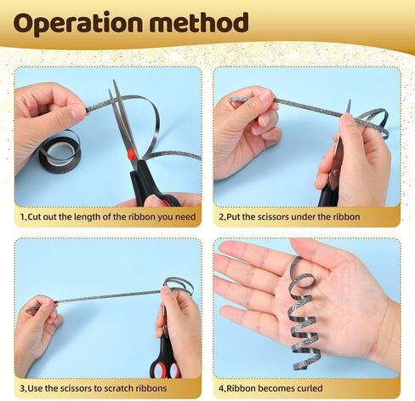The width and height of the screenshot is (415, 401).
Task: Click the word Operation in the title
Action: coord(78,23)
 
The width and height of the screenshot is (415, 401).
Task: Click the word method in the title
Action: coord(199,22)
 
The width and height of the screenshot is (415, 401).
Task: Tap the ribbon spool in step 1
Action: coord(60,152)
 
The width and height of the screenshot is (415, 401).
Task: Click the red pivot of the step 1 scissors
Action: coord(131,154)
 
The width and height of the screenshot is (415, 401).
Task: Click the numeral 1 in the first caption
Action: coord(22,217)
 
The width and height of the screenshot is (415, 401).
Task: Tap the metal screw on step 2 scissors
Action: coord(335,173)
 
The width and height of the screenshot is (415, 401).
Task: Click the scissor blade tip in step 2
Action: coord(350,100)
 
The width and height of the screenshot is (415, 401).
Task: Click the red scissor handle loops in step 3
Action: coord(165,368)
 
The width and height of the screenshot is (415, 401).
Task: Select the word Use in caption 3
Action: coord(35,388)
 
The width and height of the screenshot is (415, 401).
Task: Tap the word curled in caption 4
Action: coord(310,388)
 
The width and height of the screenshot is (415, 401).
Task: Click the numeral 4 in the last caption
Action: coord(221,388)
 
